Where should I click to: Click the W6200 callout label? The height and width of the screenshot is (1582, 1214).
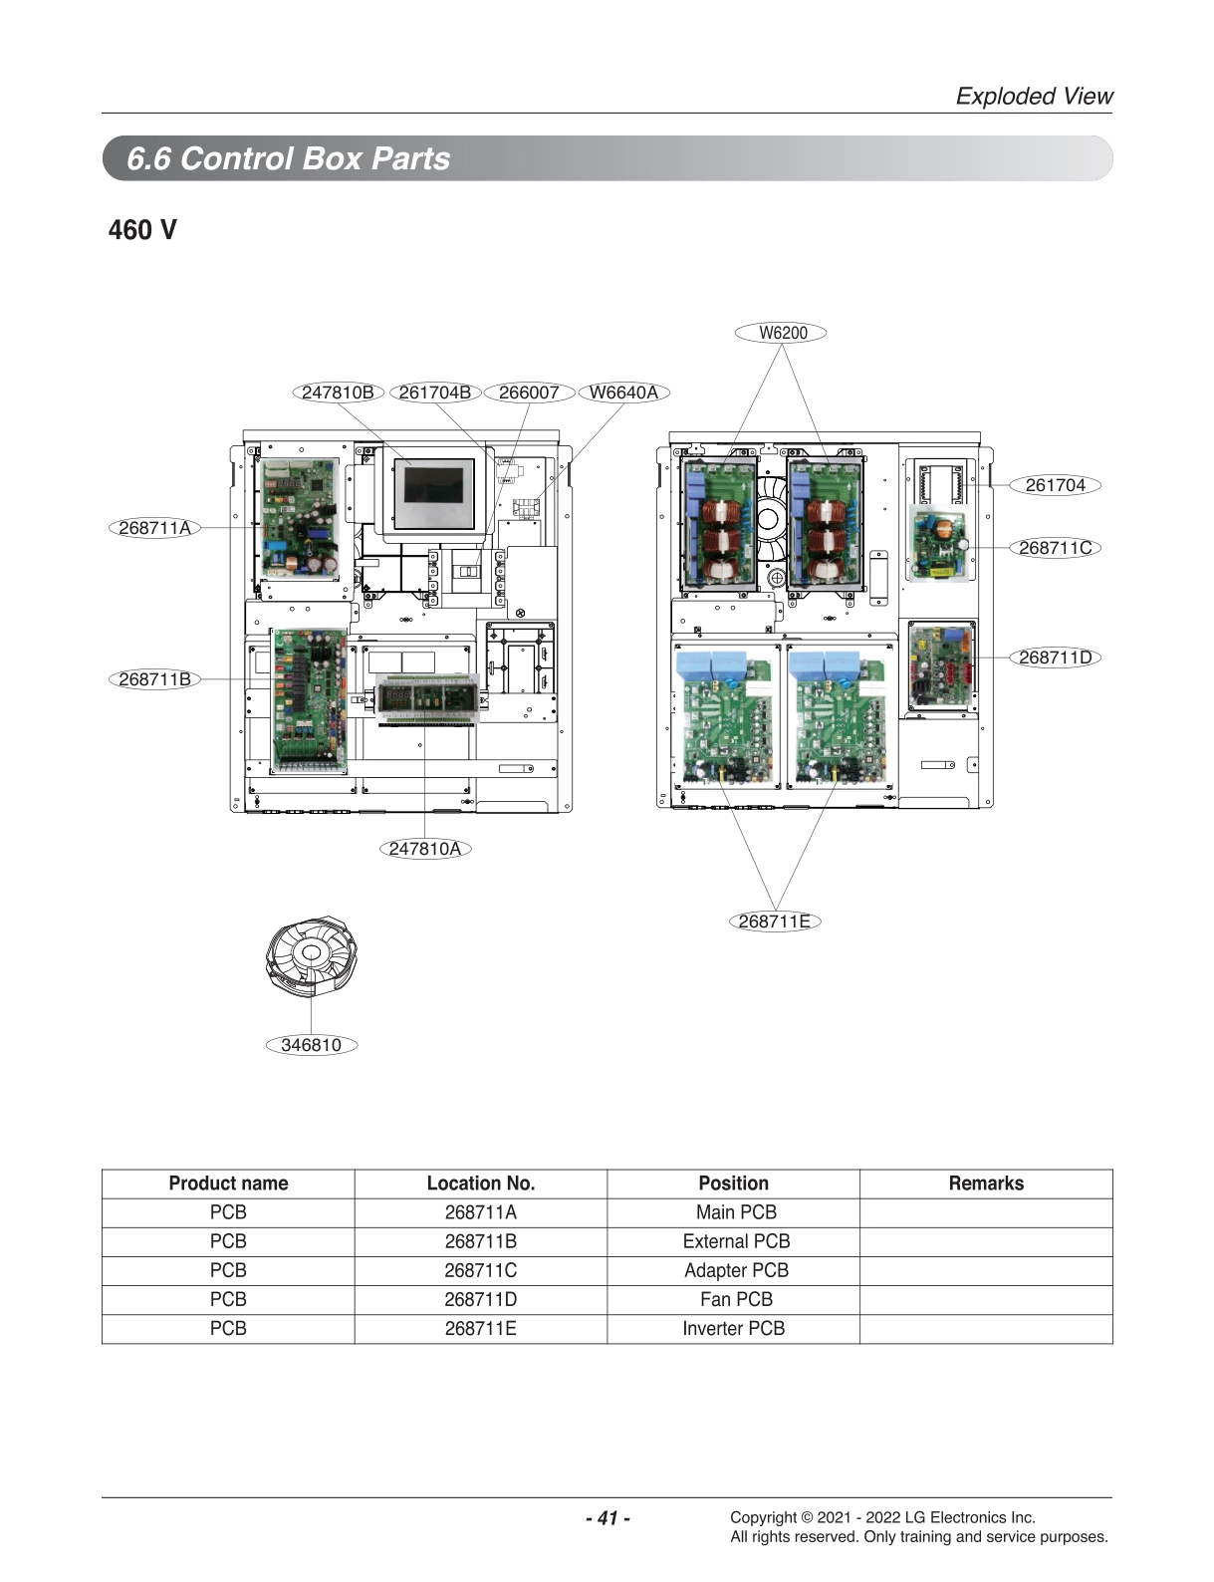782,333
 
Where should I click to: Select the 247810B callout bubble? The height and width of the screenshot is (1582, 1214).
339,393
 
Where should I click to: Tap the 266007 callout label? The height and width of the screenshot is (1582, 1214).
529,393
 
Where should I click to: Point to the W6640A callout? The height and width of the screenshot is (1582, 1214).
623,393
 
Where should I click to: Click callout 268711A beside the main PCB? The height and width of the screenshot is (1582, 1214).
154,528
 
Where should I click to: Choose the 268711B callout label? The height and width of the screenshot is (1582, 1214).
154,679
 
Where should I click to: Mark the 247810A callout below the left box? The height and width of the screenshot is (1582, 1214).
425,849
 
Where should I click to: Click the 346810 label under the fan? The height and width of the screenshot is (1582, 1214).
311,1045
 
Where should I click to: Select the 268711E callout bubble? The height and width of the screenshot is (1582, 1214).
774,922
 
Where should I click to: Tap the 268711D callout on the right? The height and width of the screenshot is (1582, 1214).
1056,658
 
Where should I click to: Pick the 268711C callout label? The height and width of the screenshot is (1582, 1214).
1056,548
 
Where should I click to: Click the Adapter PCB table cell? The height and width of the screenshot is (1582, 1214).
735,1270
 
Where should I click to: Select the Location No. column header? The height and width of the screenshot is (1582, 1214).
481,1184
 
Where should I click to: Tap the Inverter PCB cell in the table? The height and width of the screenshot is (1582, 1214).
733,1328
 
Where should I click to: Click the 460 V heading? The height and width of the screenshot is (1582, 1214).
142,230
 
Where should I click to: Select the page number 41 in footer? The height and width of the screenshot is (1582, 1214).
607,1518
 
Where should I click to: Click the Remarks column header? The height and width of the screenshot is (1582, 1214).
986,1184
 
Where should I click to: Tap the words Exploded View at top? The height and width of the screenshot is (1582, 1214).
1034,96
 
